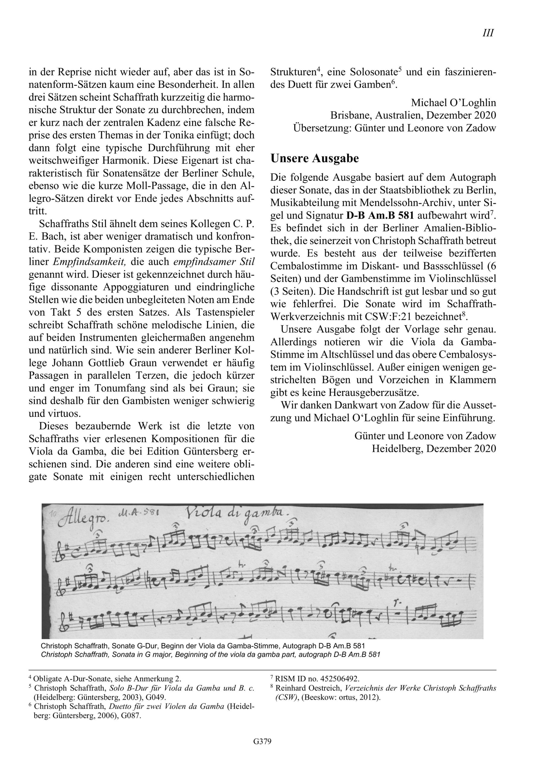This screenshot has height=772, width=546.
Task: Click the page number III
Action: [488, 33]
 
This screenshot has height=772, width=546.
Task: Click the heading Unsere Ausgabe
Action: [315, 158]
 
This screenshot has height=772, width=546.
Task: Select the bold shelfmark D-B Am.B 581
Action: [380, 215]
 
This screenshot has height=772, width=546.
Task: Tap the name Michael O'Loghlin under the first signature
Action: [453, 103]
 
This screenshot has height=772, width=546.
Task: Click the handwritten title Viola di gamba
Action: [237, 514]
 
